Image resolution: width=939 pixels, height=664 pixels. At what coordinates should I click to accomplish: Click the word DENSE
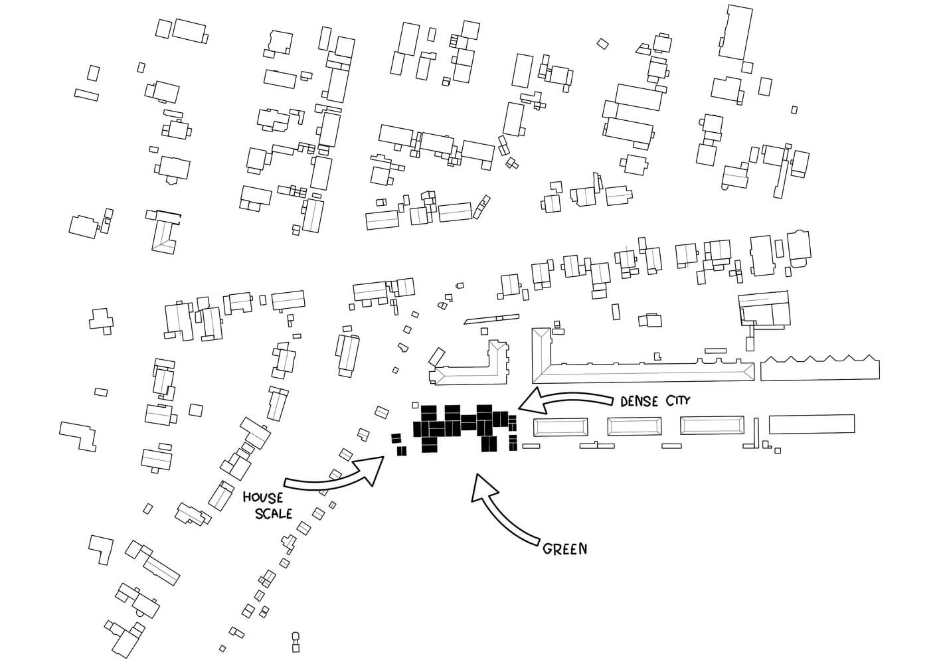[640, 402]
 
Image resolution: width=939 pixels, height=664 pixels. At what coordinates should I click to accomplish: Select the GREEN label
[564, 549]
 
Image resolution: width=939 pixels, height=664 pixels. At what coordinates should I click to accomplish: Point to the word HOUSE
[262, 497]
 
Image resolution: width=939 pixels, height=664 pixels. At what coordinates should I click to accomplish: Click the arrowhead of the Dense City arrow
[529, 401]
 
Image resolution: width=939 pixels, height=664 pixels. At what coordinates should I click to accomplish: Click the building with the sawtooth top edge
[819, 369]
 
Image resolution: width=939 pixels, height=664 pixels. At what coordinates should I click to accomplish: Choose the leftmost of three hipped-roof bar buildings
[560, 427]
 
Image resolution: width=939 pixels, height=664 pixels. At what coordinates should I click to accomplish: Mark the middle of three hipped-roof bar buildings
[635, 426]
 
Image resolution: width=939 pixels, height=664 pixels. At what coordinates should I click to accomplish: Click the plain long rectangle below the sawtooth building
[811, 424]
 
